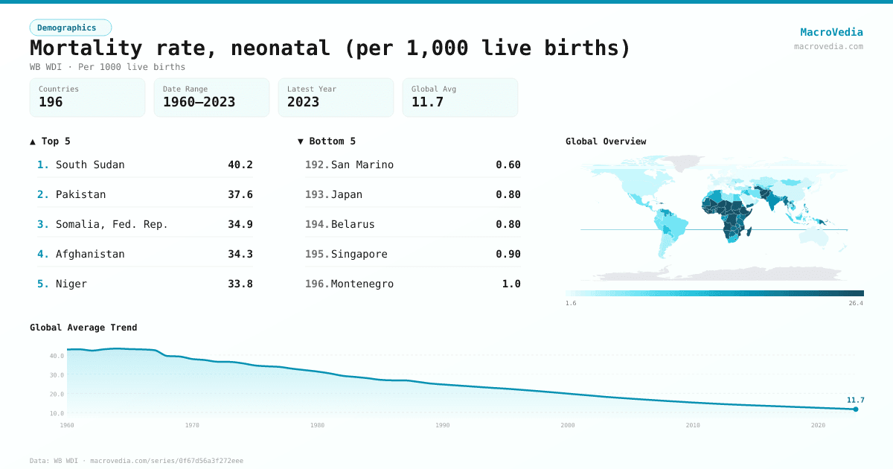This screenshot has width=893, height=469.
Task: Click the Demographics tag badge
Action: [70, 28]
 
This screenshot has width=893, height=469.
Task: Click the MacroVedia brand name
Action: [831, 32]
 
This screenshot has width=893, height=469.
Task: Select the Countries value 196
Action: [51, 102]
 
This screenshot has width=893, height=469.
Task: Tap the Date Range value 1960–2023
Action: [199, 102]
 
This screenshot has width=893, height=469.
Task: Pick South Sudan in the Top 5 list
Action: [90, 165]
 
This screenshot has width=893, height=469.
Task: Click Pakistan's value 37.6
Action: [240, 194]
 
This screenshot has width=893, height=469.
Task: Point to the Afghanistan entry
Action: [90, 254]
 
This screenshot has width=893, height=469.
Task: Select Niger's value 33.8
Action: [240, 284]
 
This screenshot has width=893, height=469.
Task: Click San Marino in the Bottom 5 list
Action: [362, 165]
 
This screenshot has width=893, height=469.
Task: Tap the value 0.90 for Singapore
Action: [508, 254]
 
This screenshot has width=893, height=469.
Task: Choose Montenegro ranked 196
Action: [362, 284]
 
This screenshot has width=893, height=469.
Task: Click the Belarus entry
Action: [353, 224]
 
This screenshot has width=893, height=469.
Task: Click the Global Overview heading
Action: [606, 141]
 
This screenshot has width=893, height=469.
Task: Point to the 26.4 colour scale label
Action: [856, 304]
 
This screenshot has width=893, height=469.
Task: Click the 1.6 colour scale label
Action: [571, 304]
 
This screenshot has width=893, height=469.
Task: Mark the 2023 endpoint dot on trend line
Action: [855, 409]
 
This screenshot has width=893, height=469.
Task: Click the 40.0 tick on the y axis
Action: [57, 356]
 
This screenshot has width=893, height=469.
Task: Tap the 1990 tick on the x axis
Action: [442, 425]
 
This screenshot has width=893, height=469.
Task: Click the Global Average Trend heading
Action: [83, 328]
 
